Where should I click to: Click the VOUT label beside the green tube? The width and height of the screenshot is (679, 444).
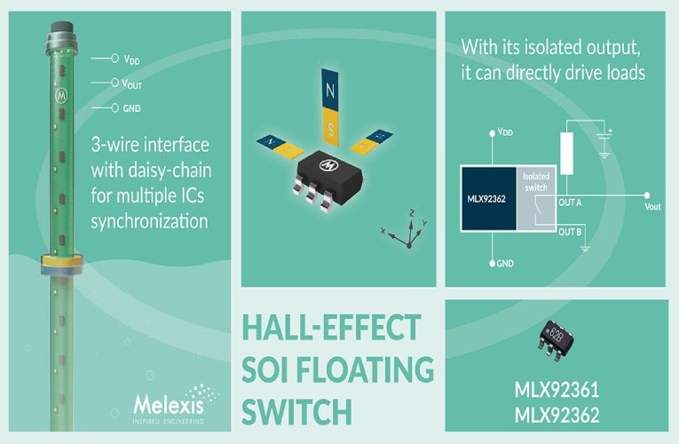132,83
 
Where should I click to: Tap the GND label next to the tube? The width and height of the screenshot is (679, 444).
131,107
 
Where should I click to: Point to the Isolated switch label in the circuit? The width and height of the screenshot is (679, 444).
537,183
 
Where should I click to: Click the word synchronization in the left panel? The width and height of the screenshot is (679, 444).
150,218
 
